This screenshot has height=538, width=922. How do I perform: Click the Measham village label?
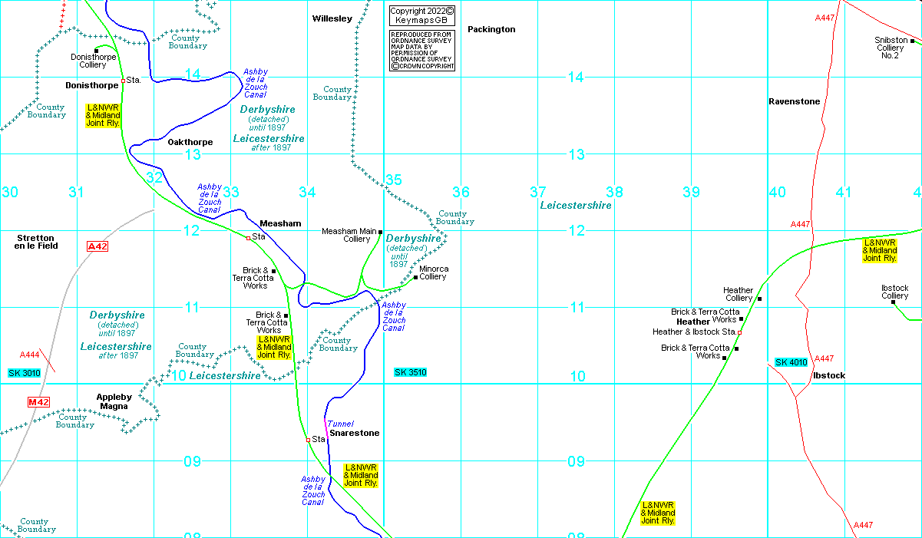(280, 223)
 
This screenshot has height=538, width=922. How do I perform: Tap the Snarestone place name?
(354, 433)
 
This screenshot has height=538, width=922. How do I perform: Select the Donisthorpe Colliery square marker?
(96, 50)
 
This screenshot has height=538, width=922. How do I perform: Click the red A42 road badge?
(97, 246)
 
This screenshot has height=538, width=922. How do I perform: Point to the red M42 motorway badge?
(38, 402)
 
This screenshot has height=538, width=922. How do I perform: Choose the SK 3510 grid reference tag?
(410, 372)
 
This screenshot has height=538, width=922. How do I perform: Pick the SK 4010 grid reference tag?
(791, 362)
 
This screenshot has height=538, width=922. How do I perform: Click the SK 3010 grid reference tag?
(24, 373)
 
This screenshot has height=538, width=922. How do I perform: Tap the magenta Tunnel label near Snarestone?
(341, 424)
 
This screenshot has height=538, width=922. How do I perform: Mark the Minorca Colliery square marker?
(415, 277)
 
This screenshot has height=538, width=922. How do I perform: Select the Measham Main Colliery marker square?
(380, 231)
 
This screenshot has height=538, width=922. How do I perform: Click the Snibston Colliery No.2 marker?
(912, 41)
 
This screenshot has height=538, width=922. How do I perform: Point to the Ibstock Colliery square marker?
(893, 302)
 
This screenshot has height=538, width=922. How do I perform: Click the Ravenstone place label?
(794, 101)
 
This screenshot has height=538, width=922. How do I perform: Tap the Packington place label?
(491, 29)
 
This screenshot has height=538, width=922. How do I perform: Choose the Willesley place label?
(332, 18)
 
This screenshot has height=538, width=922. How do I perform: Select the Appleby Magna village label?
(114, 401)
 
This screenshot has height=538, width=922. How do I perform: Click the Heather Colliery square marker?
(759, 299)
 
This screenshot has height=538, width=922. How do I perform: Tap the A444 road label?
(30, 355)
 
